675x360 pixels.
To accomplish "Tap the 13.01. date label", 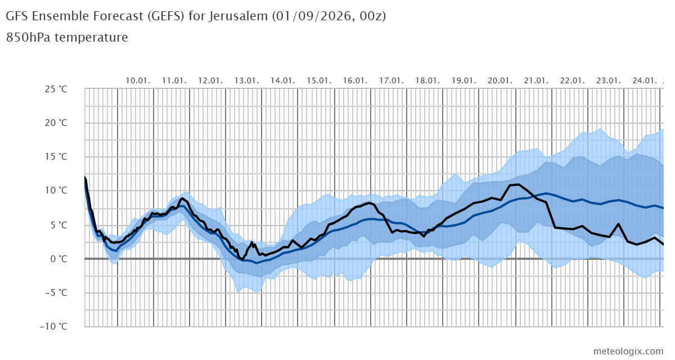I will point(246,80).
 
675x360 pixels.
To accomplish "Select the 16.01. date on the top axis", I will point(355,80).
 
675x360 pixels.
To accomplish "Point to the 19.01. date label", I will point(463,80).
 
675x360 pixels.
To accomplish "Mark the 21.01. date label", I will point(536,80).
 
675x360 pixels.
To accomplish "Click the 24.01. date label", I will point(645,80).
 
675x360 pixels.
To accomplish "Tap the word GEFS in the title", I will point(166,16).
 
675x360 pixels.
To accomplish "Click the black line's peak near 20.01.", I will point(519,184).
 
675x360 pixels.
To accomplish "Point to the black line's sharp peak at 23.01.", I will point(618,224).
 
